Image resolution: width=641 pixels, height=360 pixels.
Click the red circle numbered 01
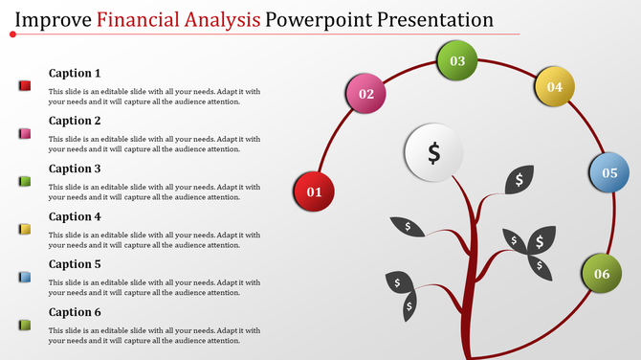pyautogui.click(x=314, y=191)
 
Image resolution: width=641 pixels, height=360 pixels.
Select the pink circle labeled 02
pyautogui.click(x=365, y=94)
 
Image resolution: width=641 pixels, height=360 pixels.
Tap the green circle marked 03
pyautogui.click(x=457, y=61)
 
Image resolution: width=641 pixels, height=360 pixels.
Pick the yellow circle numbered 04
pyautogui.click(x=554, y=87)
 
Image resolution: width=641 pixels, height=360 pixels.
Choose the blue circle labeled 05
pyautogui.click(x=608, y=173)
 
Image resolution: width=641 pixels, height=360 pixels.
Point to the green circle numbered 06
pyautogui.click(x=602, y=274)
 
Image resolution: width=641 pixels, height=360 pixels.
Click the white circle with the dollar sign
pyautogui.click(x=433, y=153)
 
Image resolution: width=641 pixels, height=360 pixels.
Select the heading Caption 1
pyautogui.click(x=75, y=74)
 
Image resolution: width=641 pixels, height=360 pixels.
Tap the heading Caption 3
pyautogui.click(x=75, y=169)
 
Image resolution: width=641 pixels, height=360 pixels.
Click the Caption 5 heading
pyautogui.click(x=75, y=264)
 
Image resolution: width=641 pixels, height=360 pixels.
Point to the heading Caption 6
pyautogui.click(x=75, y=312)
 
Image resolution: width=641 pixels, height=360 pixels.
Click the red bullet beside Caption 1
pyautogui.click(x=26, y=86)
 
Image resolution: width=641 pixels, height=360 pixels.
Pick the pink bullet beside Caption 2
pyautogui.click(x=26, y=134)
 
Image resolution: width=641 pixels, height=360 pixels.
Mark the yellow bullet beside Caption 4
pyautogui.click(x=26, y=229)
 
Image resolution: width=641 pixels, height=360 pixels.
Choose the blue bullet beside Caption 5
pyautogui.click(x=26, y=277)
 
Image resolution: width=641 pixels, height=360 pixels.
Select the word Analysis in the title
pyautogui.click(x=222, y=18)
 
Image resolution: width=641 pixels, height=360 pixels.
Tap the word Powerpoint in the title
pyautogui.click(x=322, y=18)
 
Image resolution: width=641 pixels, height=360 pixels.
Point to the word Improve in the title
pyautogui.click(x=54, y=18)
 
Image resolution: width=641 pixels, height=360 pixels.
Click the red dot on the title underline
pyautogui.click(x=12, y=34)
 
